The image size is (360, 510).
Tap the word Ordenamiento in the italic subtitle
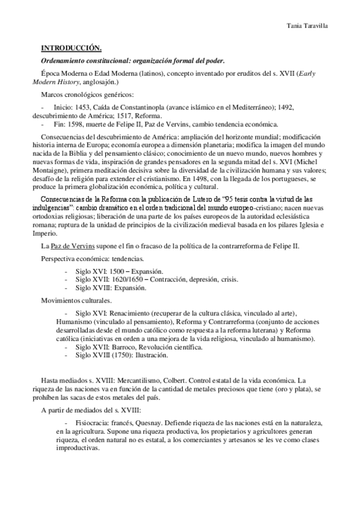tap(65, 60)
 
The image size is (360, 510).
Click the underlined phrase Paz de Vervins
tap(69, 247)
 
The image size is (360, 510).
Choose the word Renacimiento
tap(129, 314)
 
